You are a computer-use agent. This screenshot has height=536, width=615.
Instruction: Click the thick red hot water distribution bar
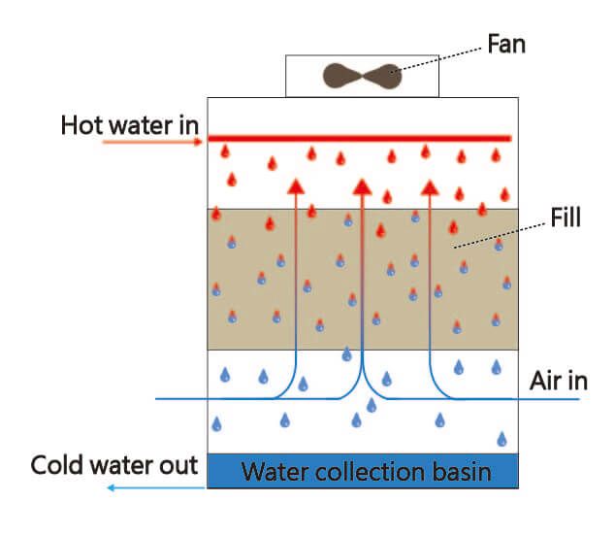360,138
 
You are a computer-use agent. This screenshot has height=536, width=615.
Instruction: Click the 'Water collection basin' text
366,473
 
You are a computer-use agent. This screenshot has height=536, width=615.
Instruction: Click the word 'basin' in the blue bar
460,473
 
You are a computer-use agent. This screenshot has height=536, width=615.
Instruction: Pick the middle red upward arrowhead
362,185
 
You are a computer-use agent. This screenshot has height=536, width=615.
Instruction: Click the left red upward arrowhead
295,185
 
